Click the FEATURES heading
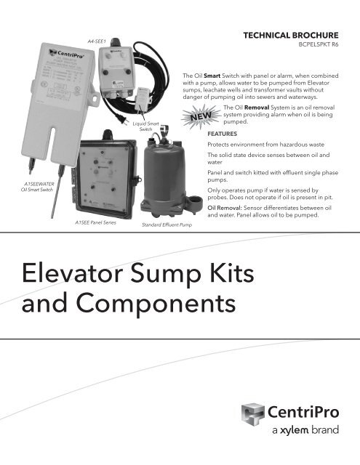coord(221,134)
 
